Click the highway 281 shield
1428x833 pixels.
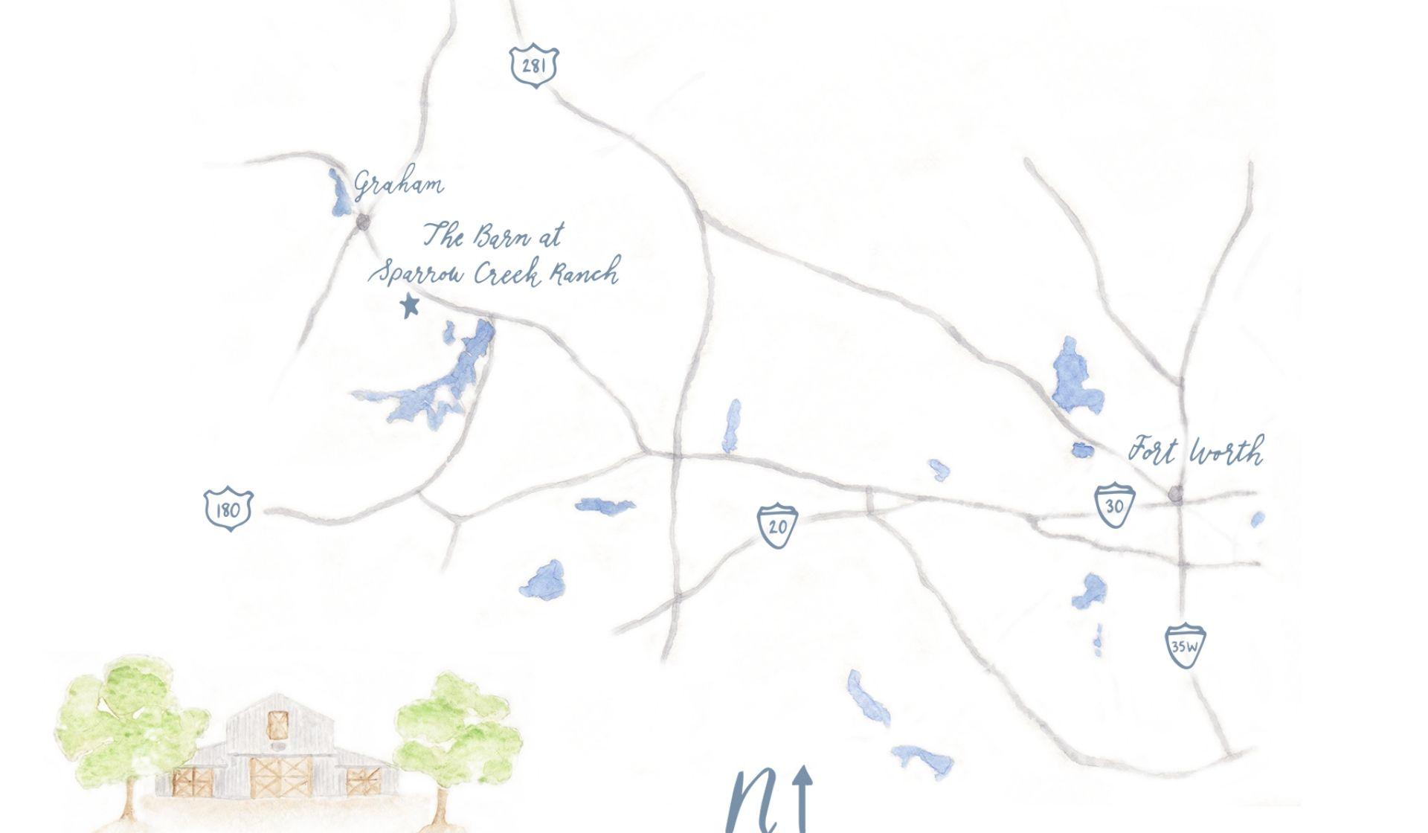(x=534, y=66)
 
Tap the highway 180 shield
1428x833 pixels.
(x=228, y=509)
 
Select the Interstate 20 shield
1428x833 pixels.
(x=777, y=526)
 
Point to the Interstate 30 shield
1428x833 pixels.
(x=1114, y=505)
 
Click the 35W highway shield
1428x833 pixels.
(x=1184, y=645)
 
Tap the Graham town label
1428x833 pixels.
(x=399, y=184)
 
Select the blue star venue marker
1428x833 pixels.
(x=409, y=305)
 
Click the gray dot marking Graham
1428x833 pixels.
(x=363, y=222)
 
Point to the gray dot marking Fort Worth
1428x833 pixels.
(x=1175, y=493)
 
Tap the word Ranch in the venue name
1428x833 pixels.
(x=585, y=273)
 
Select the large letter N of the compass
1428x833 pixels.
(x=753, y=803)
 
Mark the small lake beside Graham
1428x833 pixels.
(x=341, y=193)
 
